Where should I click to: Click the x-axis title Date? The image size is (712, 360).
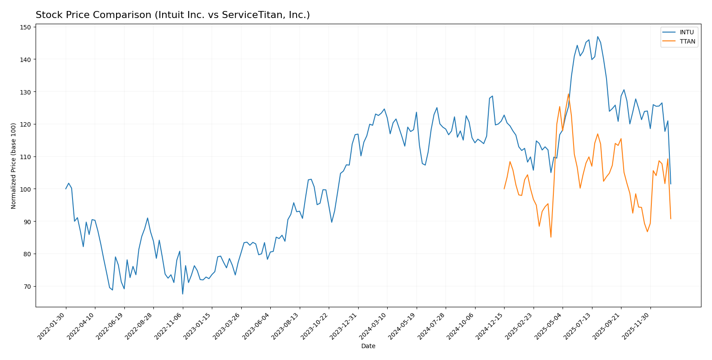[x=368, y=346]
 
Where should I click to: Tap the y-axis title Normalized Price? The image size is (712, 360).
[x=14, y=166]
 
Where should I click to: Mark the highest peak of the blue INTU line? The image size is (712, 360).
[x=597, y=37]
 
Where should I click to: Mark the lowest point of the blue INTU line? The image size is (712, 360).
[x=182, y=294]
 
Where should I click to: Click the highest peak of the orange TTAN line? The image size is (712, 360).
[x=568, y=94]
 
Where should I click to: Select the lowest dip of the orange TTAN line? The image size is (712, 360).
[x=551, y=237]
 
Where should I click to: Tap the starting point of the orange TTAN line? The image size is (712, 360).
[x=504, y=189]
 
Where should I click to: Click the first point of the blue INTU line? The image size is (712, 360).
[x=66, y=189]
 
